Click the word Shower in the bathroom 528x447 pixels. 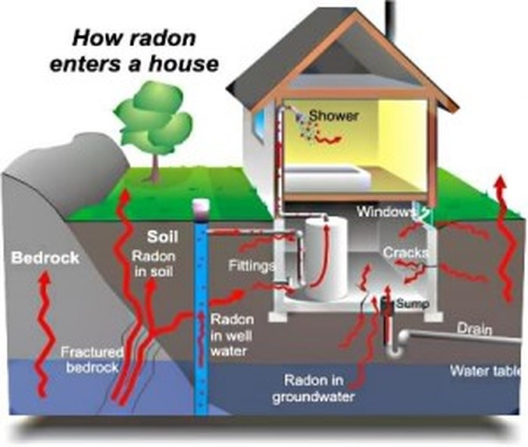[334, 116]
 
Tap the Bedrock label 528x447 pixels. [45, 258]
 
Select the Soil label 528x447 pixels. [162, 237]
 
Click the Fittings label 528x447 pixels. [252, 266]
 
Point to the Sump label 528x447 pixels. [413, 304]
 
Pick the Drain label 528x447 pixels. [474, 328]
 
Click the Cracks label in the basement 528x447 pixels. [406, 252]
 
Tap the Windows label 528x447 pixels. [385, 211]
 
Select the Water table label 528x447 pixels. [488, 371]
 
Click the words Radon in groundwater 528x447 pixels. [314, 389]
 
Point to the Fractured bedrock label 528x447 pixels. [92, 359]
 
